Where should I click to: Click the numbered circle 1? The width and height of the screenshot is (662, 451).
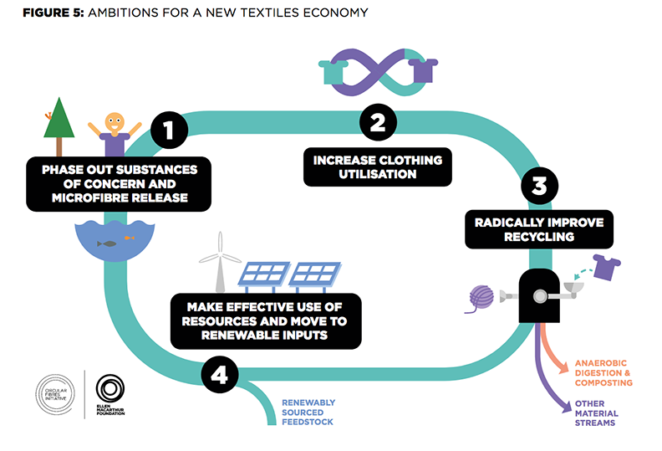pyautogui.click(x=169, y=131)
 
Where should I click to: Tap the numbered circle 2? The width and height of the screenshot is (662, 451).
pyautogui.click(x=378, y=123)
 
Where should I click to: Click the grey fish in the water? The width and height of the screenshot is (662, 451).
pyautogui.click(x=106, y=243)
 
